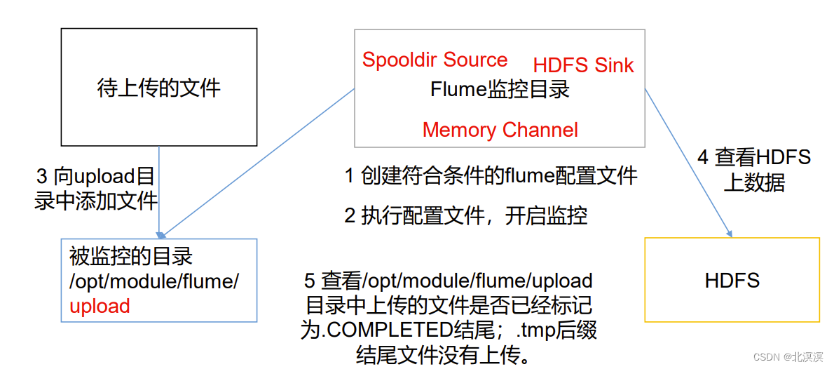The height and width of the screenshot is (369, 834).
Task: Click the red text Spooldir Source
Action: coord(435,60)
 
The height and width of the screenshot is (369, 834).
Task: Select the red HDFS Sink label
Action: coord(583,65)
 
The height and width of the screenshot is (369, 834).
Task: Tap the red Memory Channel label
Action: coord(500,130)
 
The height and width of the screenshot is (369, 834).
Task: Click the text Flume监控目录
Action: coord(499,90)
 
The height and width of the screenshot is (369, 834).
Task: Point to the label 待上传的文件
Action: coord(158,88)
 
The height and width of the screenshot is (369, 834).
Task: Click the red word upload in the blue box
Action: coord(100,306)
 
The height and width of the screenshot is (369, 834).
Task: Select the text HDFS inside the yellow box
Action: coord(732,281)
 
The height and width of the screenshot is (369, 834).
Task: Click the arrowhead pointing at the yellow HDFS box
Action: coord(730,233)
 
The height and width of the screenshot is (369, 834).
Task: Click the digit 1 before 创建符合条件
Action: coord(350,176)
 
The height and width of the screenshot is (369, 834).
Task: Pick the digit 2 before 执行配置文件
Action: coord(350,216)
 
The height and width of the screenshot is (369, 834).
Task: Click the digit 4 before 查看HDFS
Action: coord(702,157)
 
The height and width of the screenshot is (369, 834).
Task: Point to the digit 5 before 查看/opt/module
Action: coord(310,281)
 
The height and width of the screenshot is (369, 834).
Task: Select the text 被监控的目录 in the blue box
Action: coord(130,257)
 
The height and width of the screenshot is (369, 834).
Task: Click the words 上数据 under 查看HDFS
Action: coord(754,182)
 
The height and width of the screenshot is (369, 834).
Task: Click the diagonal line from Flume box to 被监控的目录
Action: coord(259,161)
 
